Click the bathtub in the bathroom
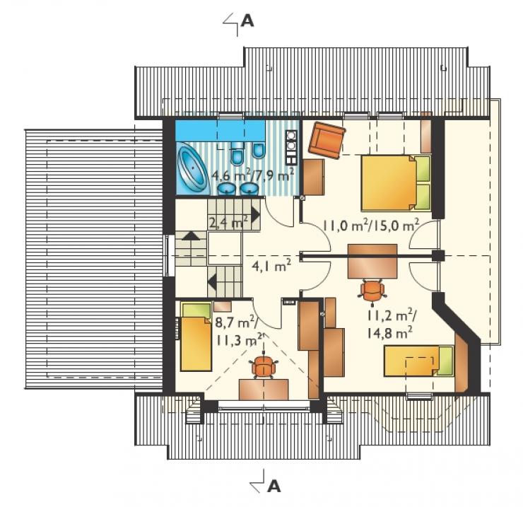[x=192, y=169]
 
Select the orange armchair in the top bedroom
[x=327, y=140]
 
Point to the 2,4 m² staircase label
[x=228, y=221]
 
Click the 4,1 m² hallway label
[x=271, y=265]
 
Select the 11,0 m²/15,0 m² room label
[x=371, y=226]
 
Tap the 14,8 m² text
[x=389, y=332]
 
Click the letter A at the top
[x=247, y=21]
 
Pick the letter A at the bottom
[x=274, y=486]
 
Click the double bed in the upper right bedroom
[x=396, y=182]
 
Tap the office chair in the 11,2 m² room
[x=372, y=292]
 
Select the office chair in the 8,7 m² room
[x=264, y=366]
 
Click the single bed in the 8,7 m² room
[x=196, y=337]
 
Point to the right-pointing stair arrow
[x=256, y=215]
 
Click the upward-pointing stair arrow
[x=191, y=235]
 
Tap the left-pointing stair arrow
[x=212, y=282]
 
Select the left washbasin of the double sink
[x=227, y=189]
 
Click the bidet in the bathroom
[x=258, y=151]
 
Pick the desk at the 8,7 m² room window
[x=264, y=390]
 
